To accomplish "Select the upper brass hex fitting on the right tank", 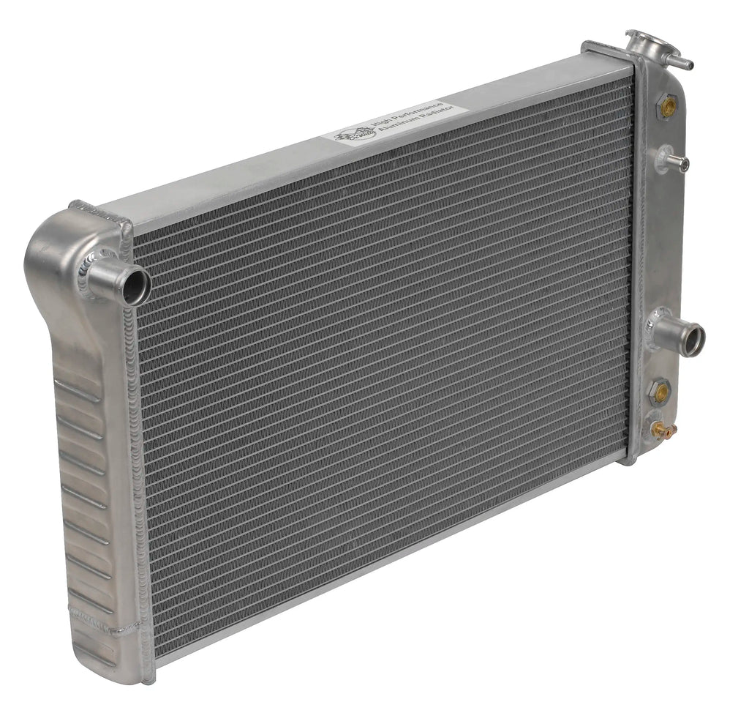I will (x=666, y=107).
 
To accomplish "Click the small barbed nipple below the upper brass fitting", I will (x=674, y=159).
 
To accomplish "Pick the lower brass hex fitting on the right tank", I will (x=661, y=392).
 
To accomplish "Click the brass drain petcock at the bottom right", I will (x=663, y=431).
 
